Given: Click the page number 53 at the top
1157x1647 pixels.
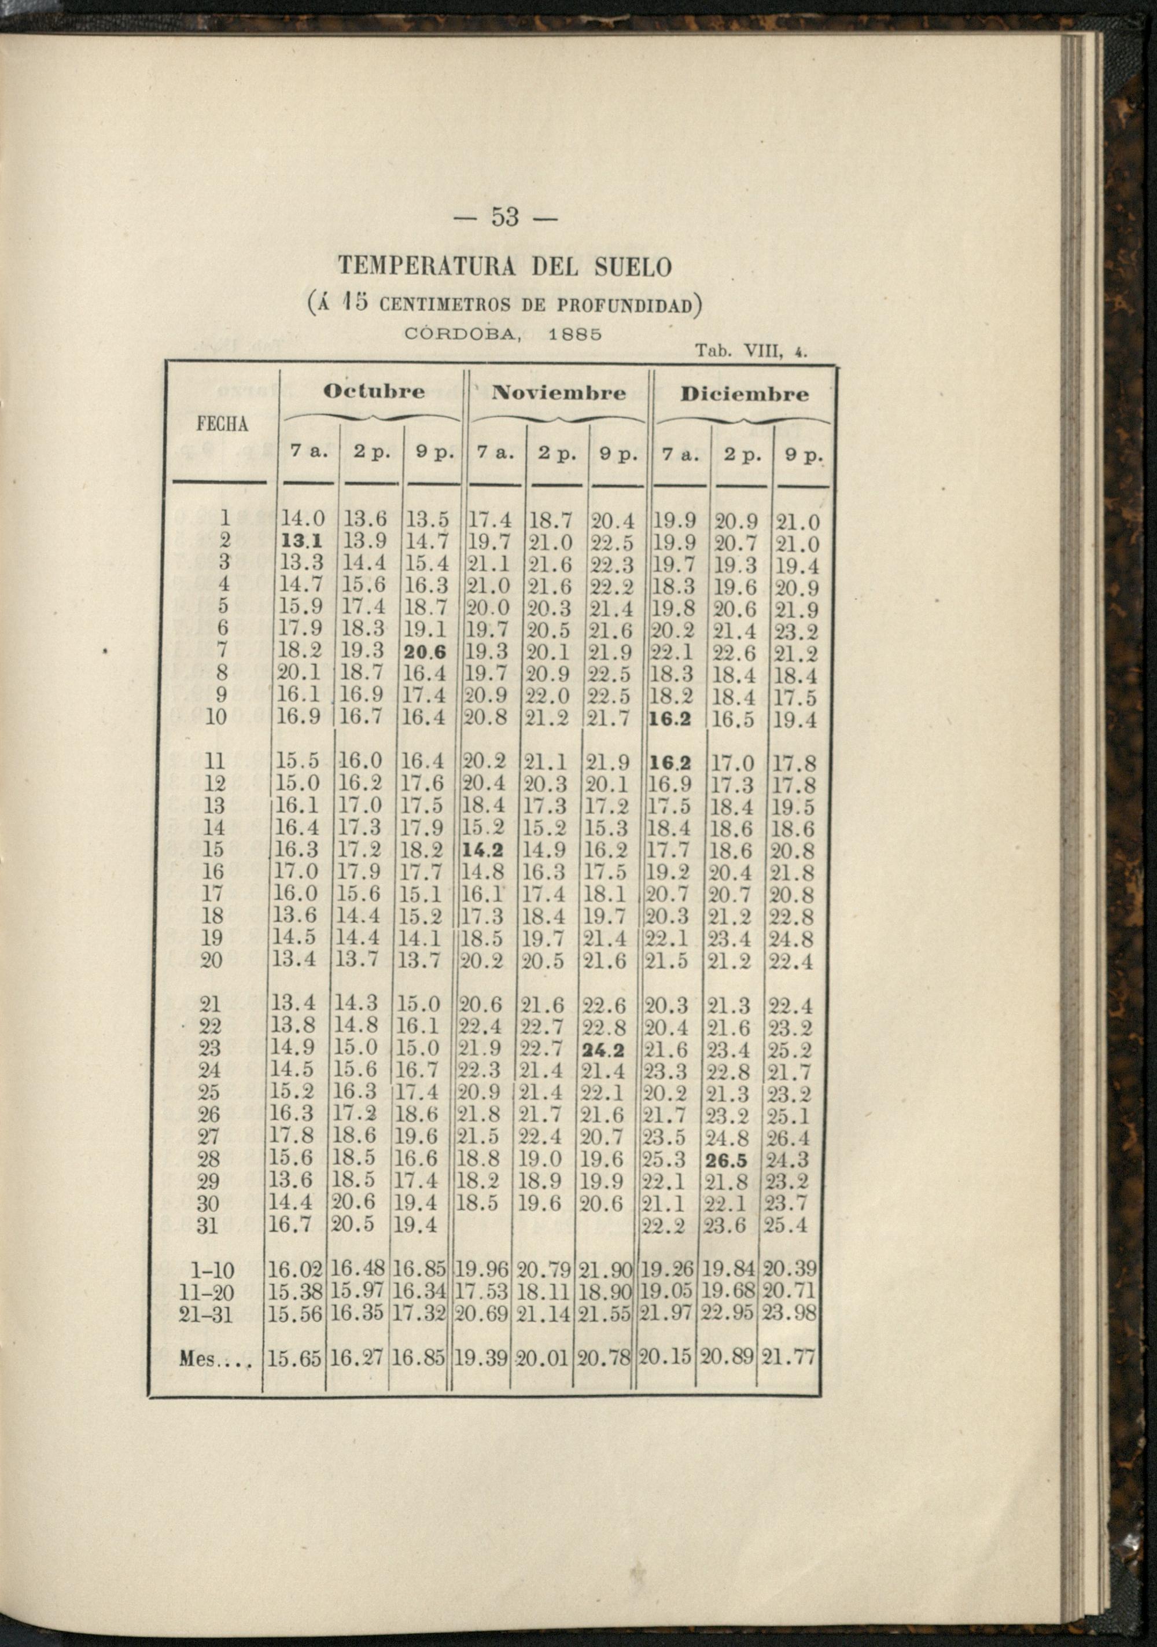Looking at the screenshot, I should (x=506, y=216).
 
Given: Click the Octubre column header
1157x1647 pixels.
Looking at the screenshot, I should (x=374, y=392).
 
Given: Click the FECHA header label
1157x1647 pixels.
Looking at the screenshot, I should (x=222, y=425).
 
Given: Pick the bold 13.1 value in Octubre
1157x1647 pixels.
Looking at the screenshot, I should (x=301, y=542).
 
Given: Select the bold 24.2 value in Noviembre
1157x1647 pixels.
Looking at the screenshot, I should (x=603, y=1050).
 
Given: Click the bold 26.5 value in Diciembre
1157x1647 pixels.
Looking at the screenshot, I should (x=727, y=1160).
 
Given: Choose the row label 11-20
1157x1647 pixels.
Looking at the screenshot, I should (x=215, y=1291).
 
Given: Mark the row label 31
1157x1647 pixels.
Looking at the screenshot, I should (x=208, y=1226).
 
